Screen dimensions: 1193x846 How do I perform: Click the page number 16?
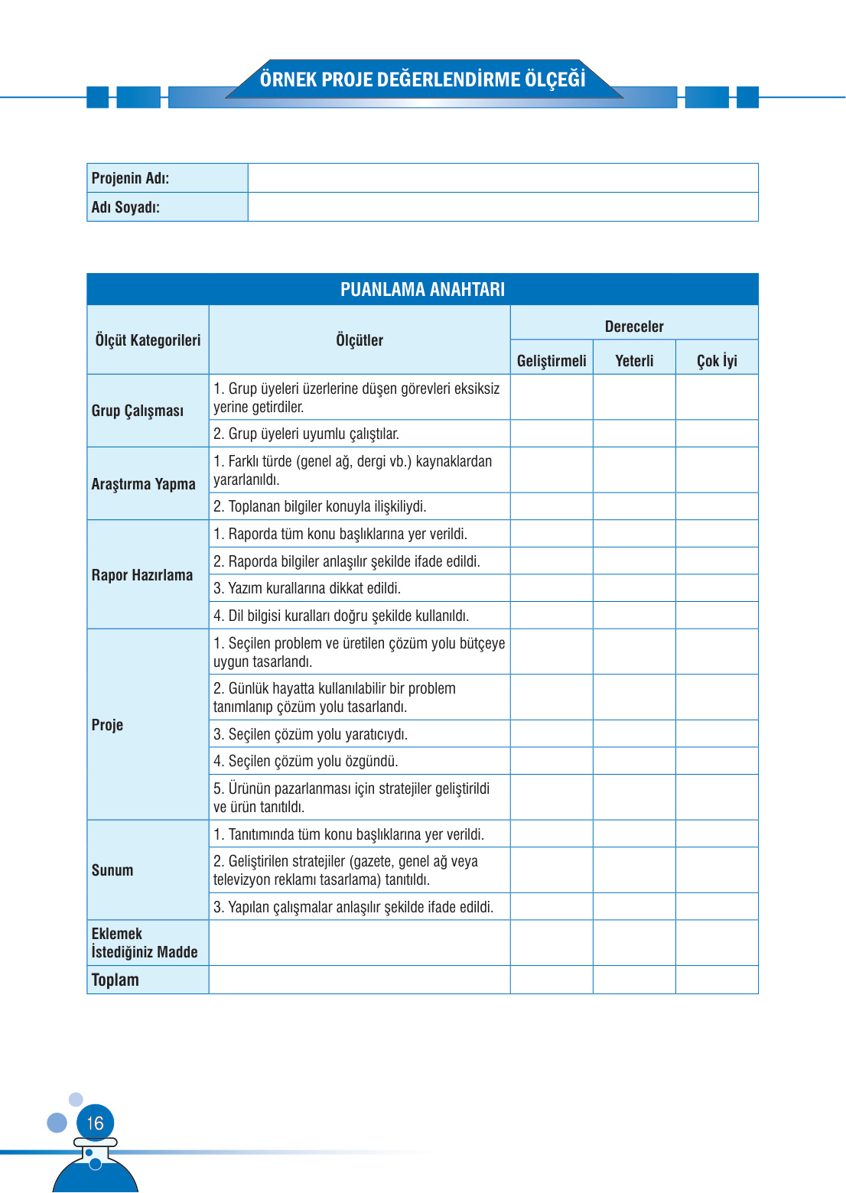click(x=95, y=1123)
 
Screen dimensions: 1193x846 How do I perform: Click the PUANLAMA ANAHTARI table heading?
click(x=422, y=290)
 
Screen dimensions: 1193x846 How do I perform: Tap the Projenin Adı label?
click(x=130, y=178)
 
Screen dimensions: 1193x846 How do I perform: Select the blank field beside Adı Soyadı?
click(x=503, y=207)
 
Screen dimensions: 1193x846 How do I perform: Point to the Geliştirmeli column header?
click(x=552, y=361)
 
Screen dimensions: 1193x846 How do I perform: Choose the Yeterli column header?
click(x=634, y=361)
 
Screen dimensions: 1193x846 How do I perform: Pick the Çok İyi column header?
click(x=717, y=361)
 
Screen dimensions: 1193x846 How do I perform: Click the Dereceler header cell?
click(x=634, y=327)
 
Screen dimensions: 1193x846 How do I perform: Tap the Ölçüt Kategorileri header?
click(x=148, y=340)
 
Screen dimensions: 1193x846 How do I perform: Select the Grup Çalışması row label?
click(x=138, y=411)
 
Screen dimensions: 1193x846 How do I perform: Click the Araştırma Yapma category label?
click(x=143, y=484)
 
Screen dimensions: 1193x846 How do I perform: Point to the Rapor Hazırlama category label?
click(x=142, y=575)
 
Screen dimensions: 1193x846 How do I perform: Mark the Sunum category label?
click(x=112, y=870)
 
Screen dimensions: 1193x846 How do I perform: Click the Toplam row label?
click(x=116, y=980)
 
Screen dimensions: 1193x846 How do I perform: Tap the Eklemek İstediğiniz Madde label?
click(x=145, y=943)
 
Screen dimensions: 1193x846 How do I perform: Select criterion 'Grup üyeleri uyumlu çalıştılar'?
click(x=306, y=434)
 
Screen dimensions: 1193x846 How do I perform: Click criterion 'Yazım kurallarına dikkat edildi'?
click(x=307, y=588)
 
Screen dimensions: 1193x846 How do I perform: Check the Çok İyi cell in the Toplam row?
click(x=717, y=980)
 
